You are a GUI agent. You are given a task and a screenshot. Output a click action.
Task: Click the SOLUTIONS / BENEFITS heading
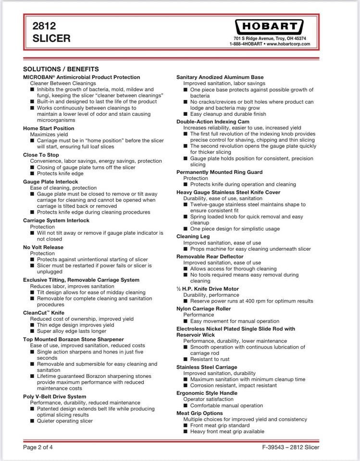tap(61, 69)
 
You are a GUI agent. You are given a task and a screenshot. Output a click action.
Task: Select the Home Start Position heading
tap(49, 128)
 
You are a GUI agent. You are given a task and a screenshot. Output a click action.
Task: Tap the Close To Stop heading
tap(42, 155)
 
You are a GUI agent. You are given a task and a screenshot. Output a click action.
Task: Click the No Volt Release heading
tap(43, 247)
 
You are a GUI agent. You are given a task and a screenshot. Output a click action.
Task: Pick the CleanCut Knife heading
tap(44, 313)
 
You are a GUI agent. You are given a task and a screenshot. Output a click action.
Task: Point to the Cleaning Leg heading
tap(193, 237)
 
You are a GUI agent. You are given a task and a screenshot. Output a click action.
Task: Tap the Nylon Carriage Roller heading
tap(203, 309)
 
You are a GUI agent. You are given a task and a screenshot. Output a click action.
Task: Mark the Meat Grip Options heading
tap(199, 413)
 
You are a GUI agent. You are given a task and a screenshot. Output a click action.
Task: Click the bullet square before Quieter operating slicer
tap(32, 421)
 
